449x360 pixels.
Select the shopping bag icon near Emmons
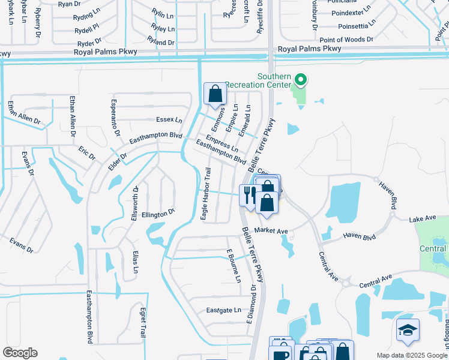pos(215,94)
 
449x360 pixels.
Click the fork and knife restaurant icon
pos(249,194)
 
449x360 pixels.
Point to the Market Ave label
pos(271,230)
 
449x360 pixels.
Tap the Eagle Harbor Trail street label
pos(205,194)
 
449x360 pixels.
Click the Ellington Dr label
pos(158,212)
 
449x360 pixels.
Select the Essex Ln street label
pos(169,119)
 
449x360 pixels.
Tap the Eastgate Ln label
pos(223,310)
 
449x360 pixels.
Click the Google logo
pos(20,353)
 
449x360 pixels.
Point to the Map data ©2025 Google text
pos(411,355)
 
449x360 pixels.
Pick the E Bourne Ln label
pos(234,266)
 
